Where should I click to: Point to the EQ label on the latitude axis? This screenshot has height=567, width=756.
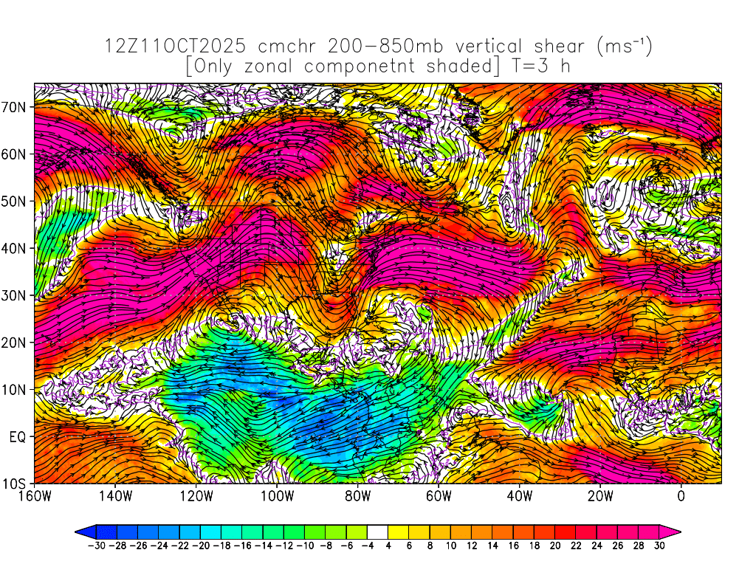18,437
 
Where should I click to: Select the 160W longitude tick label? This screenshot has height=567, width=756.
34,496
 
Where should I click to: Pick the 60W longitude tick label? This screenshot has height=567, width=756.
439,496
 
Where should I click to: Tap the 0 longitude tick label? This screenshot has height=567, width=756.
681,496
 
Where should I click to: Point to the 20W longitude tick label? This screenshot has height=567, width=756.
600,496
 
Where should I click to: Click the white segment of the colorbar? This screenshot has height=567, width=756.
377,531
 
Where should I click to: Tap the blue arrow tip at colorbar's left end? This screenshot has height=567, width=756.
81,531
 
